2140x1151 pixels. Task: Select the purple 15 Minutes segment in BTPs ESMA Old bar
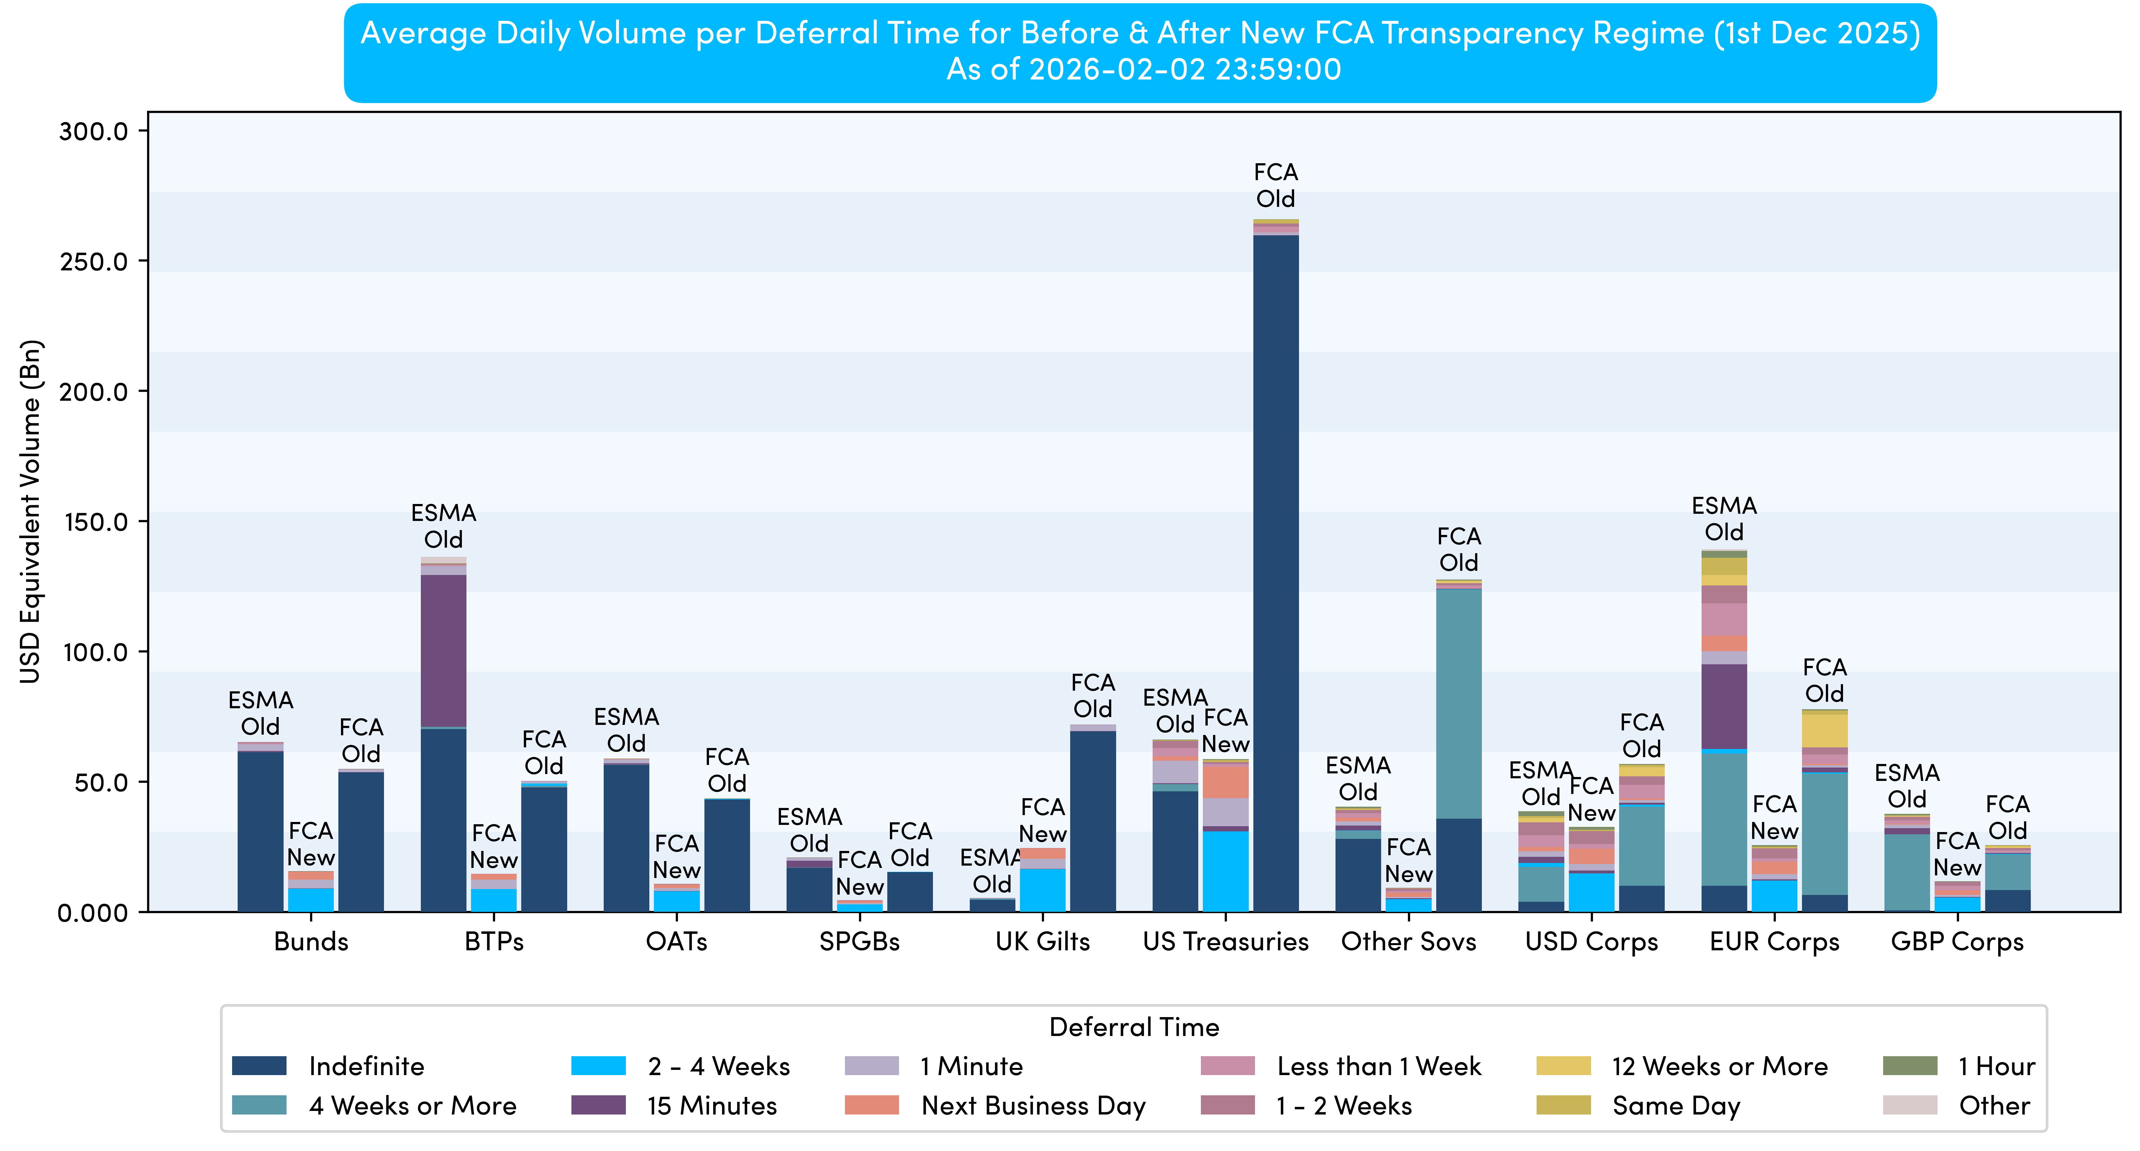(x=444, y=650)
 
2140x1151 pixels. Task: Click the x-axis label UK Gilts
(x=1042, y=942)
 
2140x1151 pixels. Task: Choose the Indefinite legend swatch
(x=259, y=1065)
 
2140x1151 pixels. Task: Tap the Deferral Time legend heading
(x=1134, y=1027)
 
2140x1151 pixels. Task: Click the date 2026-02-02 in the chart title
(x=1117, y=69)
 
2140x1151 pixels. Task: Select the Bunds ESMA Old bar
(x=261, y=830)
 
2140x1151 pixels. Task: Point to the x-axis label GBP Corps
(x=1957, y=942)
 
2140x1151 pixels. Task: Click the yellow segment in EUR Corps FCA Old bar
(x=1824, y=731)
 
